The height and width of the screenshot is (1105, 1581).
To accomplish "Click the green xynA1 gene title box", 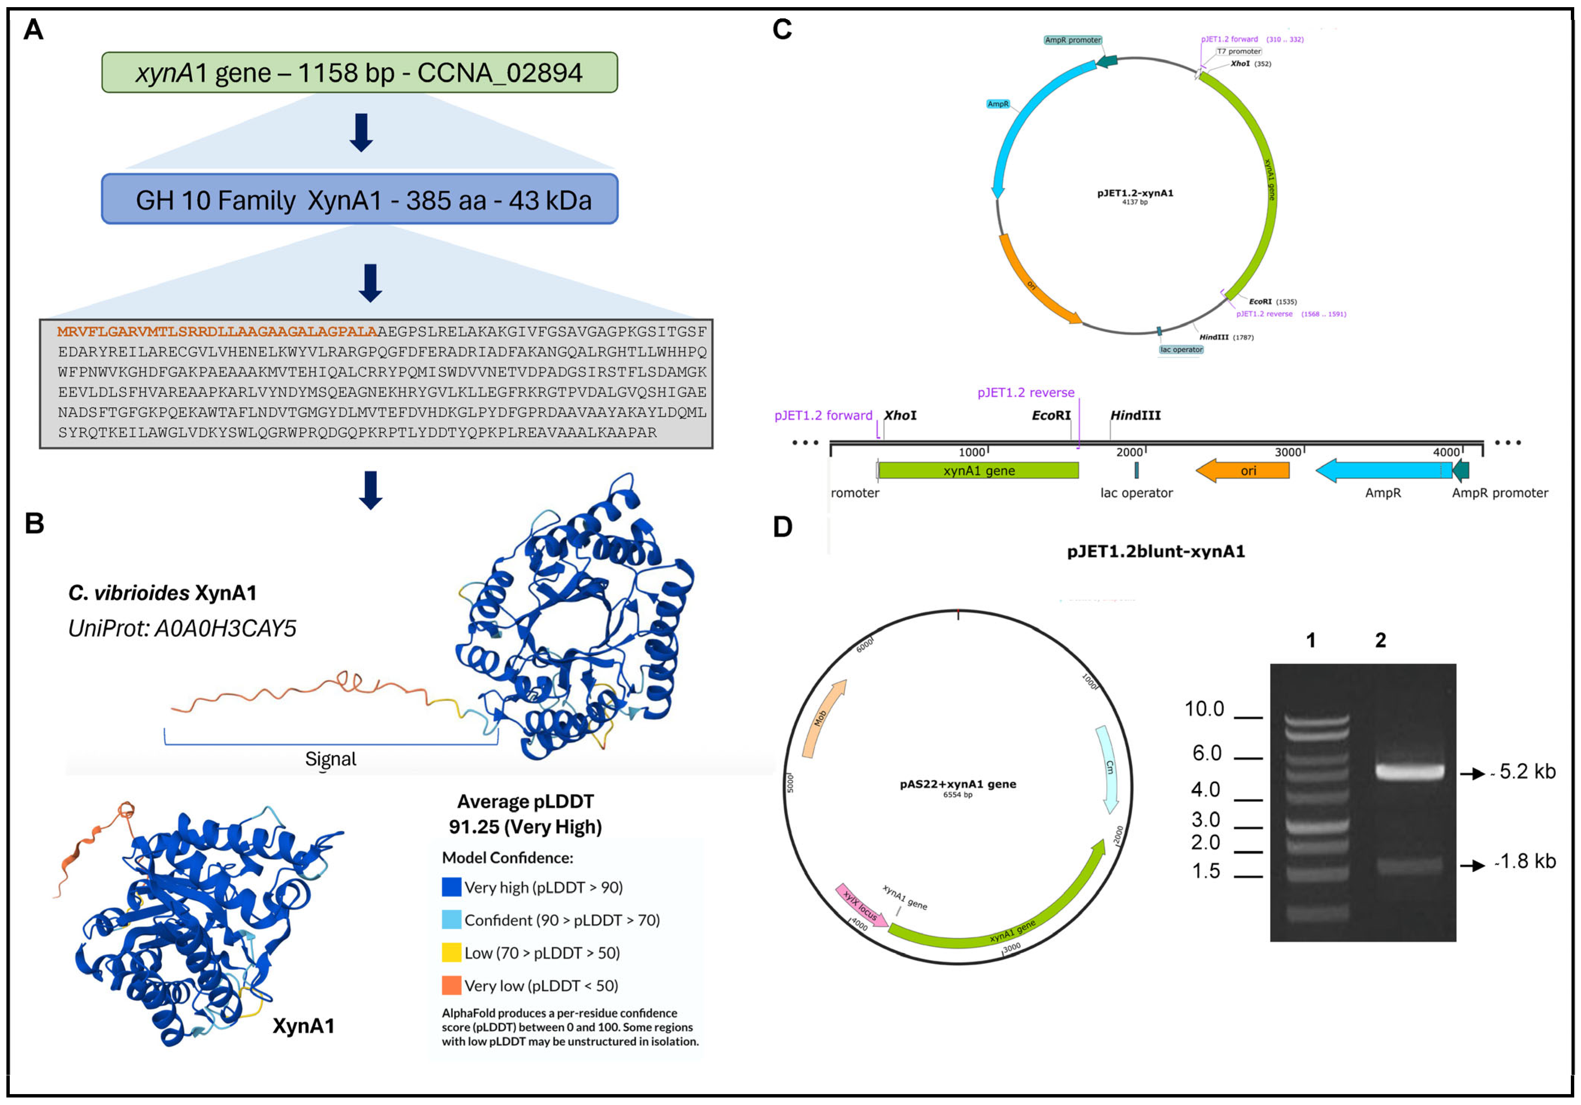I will tap(360, 72).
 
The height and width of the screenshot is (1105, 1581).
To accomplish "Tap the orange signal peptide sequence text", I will tap(217, 332).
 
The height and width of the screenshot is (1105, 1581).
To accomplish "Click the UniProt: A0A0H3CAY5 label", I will tap(182, 628).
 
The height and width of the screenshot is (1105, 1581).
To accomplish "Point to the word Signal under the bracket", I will tap(331, 759).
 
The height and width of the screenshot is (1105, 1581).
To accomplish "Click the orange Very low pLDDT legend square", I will tap(451, 985).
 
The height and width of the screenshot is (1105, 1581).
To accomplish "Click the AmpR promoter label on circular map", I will tap(1072, 40).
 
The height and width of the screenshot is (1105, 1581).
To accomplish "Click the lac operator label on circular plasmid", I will tap(1181, 350).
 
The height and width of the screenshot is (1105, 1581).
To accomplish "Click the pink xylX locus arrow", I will tap(861, 905).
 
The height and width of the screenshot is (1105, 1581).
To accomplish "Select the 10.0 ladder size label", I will tap(1204, 709).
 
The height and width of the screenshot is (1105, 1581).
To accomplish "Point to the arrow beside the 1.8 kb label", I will tap(1472, 865).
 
